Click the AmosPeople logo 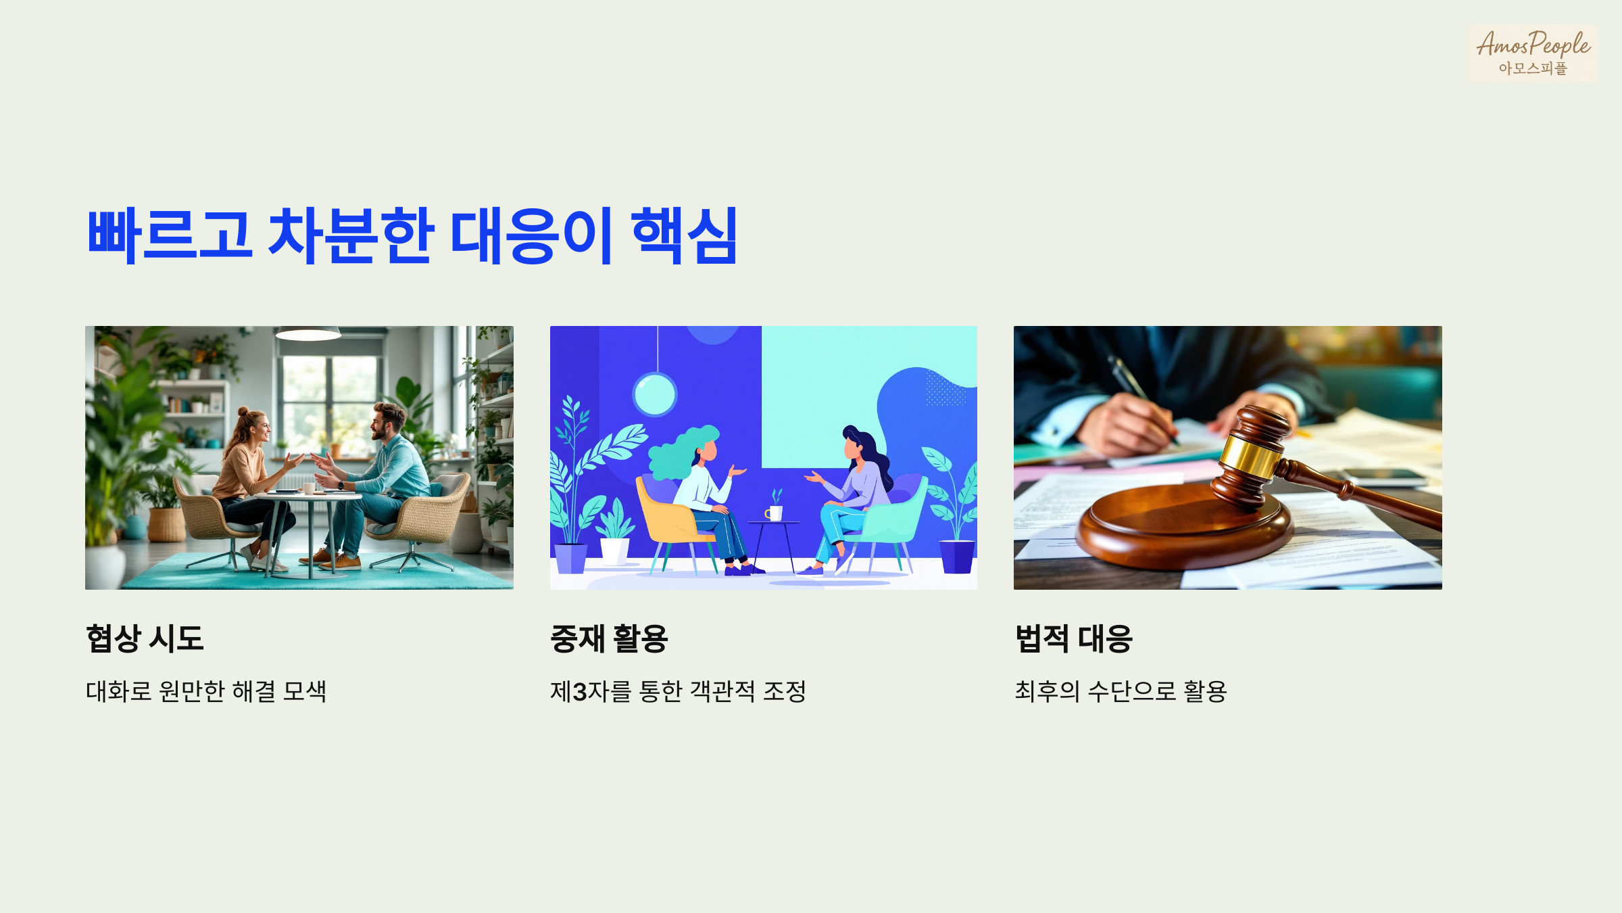point(1532,53)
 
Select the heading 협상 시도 point(145,638)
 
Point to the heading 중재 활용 point(609,638)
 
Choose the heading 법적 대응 point(1073,638)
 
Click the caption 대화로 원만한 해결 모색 point(206,691)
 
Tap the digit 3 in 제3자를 point(579,692)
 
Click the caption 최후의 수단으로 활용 point(1121,691)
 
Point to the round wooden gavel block point(1183,528)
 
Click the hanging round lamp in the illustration point(654,394)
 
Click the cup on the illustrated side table point(775,513)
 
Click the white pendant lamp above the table point(308,333)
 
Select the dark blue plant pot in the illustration point(957,556)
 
